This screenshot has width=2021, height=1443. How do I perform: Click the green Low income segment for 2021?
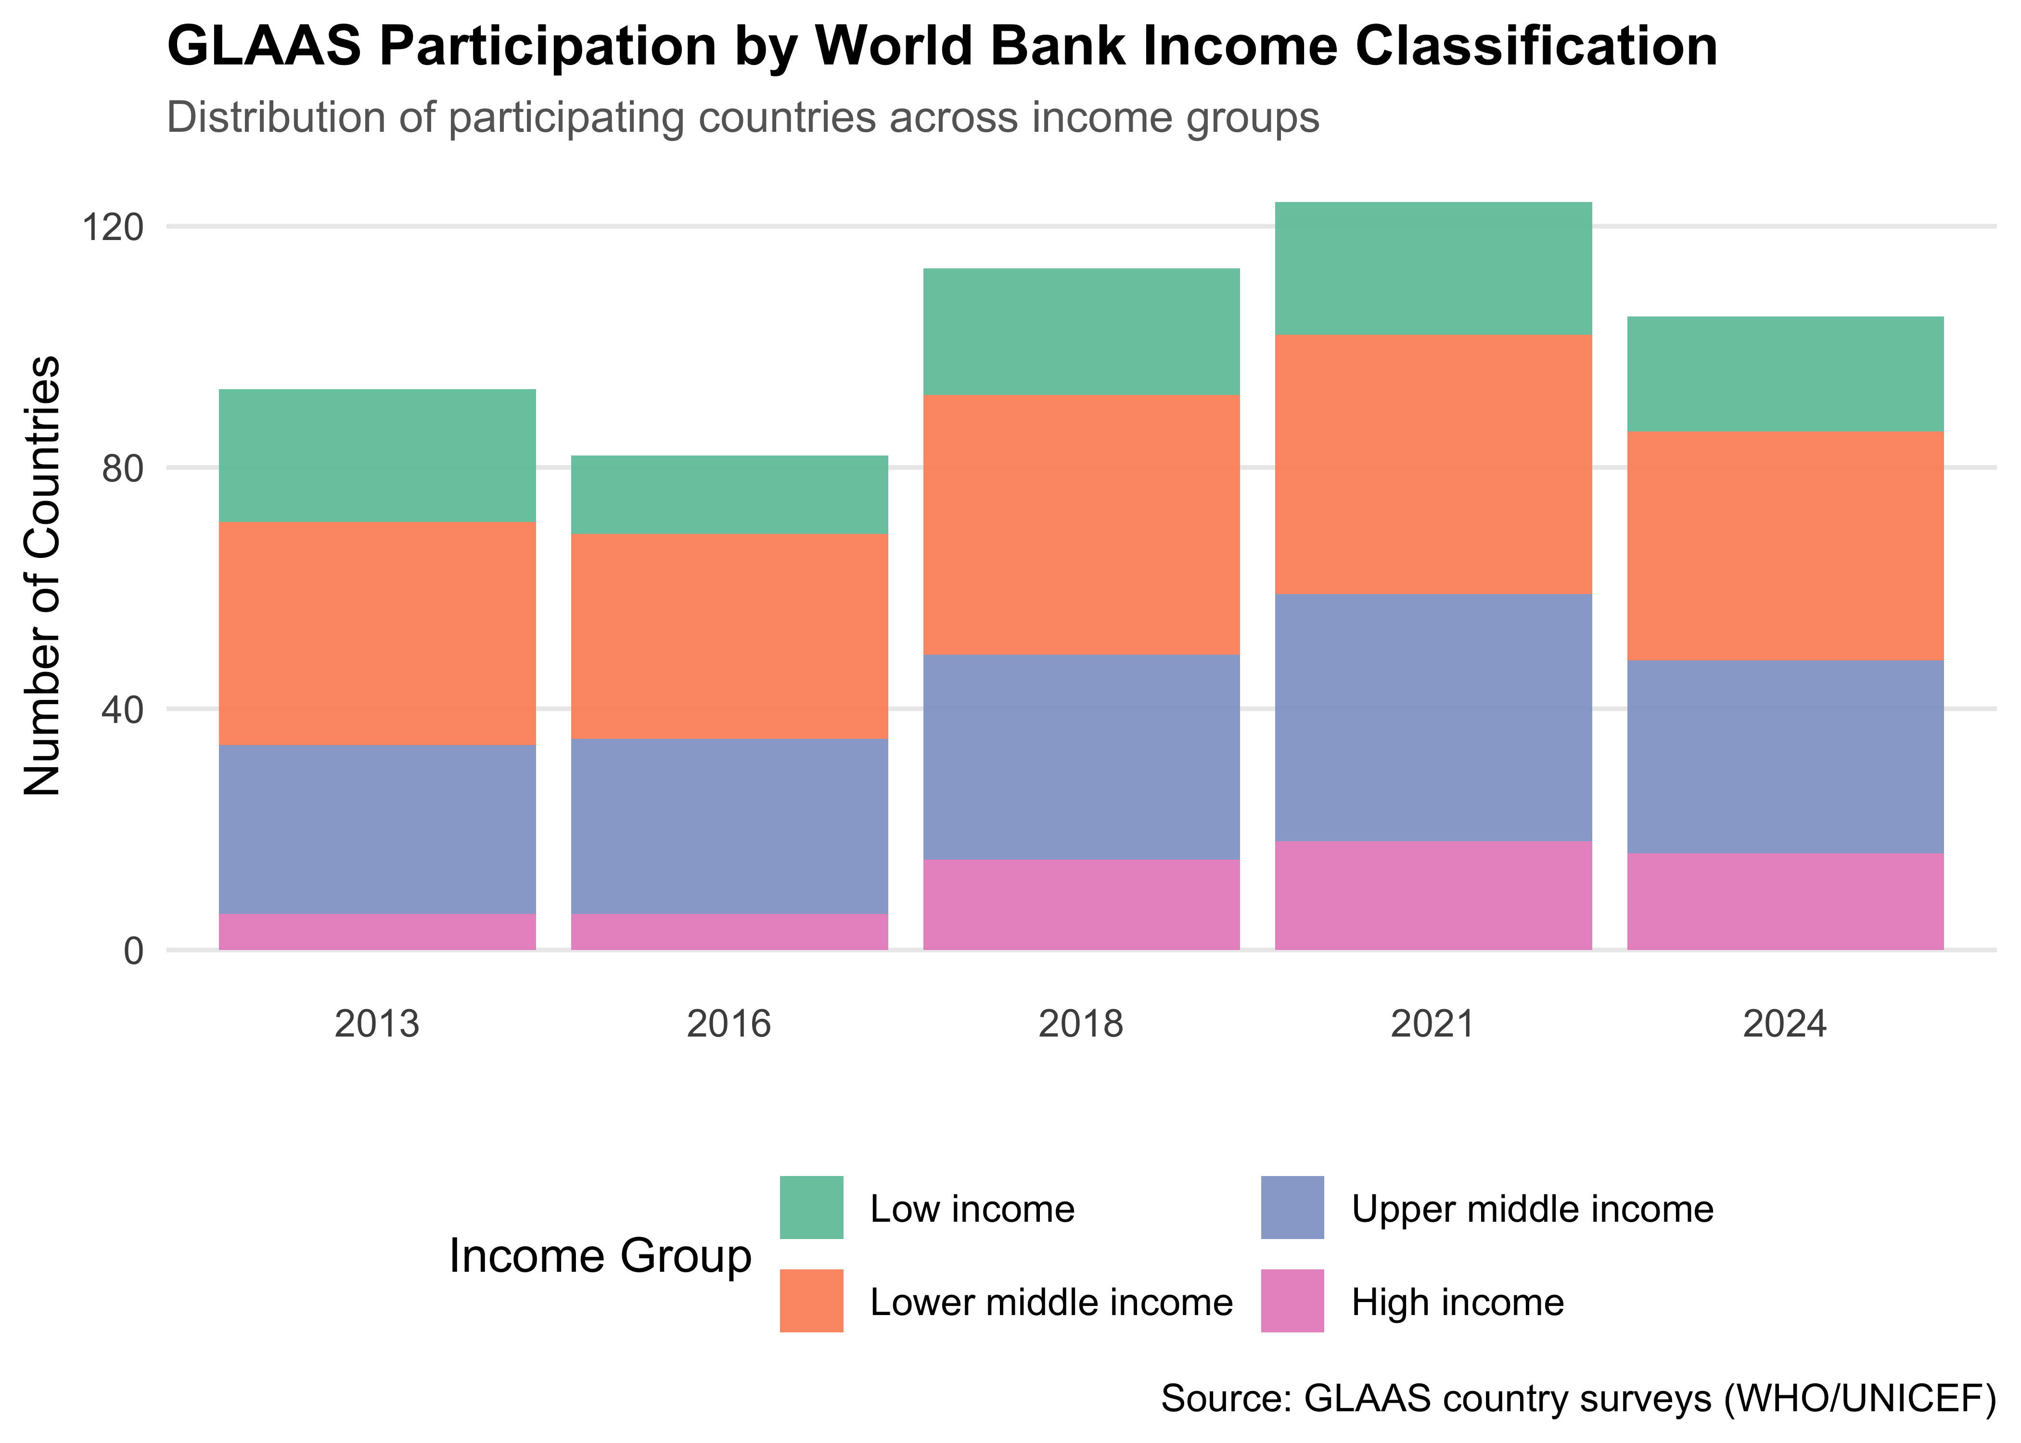[1433, 268]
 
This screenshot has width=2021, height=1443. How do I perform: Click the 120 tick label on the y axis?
[113, 228]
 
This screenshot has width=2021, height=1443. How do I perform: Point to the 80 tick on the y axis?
[123, 468]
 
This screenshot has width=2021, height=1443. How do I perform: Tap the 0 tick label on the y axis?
[133, 951]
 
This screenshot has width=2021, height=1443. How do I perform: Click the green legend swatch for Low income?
[811, 1207]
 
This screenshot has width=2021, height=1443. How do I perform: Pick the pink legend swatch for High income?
[1292, 1301]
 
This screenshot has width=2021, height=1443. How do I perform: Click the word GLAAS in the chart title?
[264, 46]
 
